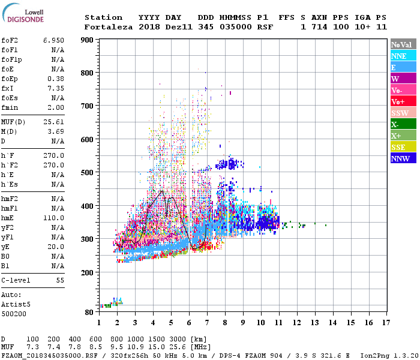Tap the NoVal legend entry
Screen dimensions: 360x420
pos(402,44)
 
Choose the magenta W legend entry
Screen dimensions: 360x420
pos(402,79)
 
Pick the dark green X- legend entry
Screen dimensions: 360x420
pos(402,124)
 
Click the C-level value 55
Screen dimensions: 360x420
pos(60,280)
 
